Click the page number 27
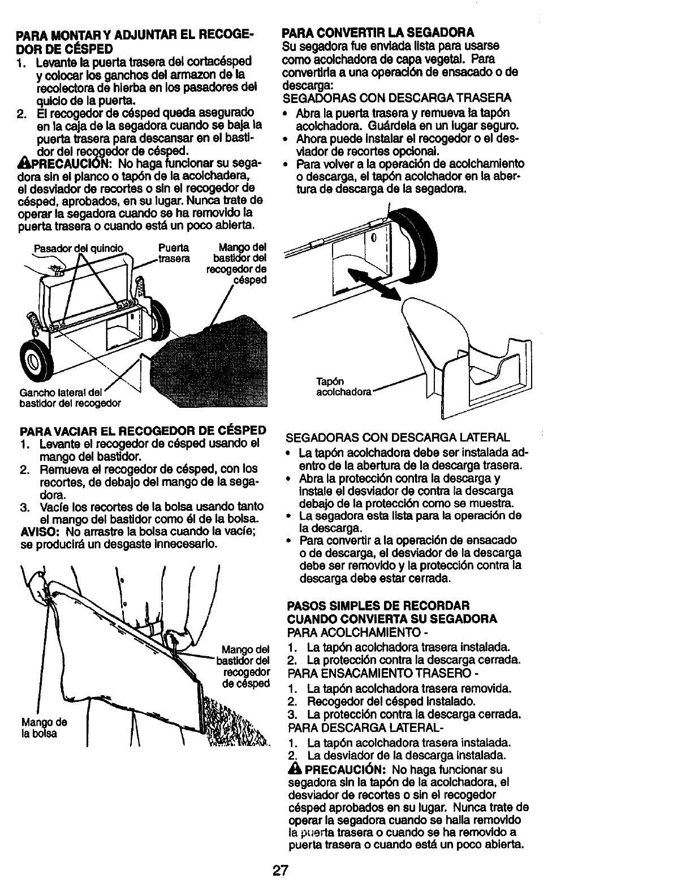coord(280,870)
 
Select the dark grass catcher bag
coord(215,362)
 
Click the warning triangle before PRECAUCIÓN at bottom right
coord(295,769)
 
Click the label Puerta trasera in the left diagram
coord(174,252)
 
